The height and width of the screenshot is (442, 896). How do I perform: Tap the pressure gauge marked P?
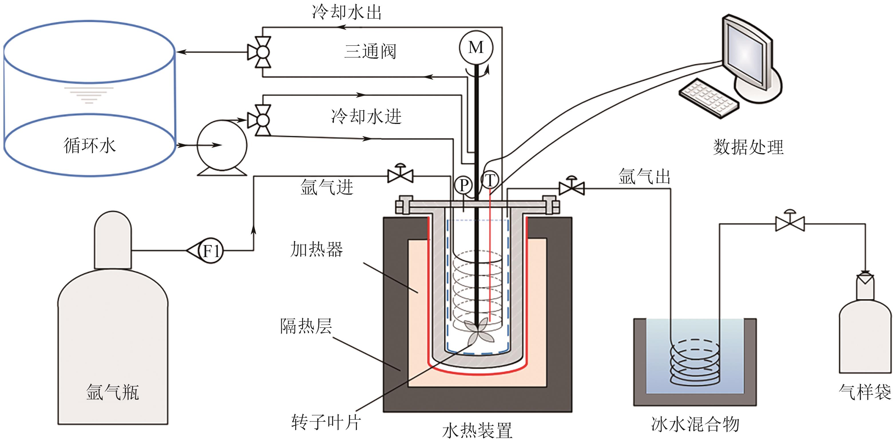[463, 185]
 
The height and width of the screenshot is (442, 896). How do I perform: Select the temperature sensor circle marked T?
[490, 180]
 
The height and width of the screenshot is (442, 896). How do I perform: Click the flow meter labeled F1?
[211, 250]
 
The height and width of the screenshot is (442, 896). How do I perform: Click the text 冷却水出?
[347, 12]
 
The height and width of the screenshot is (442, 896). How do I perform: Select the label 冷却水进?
[366, 116]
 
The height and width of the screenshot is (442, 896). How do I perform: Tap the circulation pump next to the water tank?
[222, 145]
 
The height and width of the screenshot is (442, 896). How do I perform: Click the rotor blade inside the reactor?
[478, 332]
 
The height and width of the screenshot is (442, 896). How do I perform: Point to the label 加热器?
[316, 250]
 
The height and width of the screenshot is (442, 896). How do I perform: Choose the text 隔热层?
[306, 326]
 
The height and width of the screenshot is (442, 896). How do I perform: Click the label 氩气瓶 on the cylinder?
[112, 392]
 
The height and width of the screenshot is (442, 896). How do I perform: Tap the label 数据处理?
[748, 147]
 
